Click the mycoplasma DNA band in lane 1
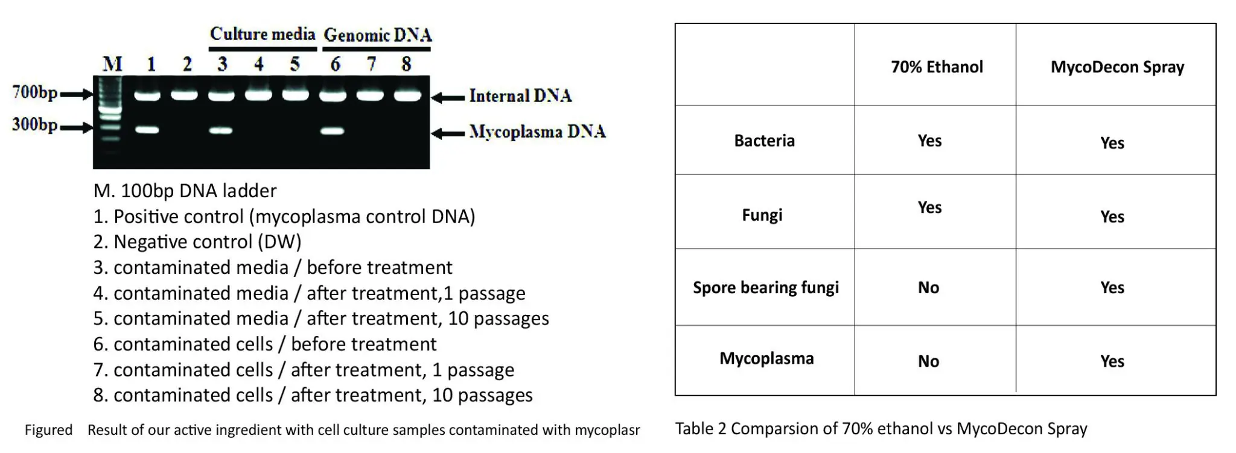[147, 130]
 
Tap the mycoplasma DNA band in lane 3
[221, 130]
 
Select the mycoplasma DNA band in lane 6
[332, 130]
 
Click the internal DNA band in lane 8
[407, 95]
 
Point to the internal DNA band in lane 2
[185, 95]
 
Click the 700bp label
[34, 92]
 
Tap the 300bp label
[34, 125]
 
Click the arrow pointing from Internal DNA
[448, 97]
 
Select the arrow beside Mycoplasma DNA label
[448, 133]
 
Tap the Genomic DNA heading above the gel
[378, 34]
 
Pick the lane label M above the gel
[112, 63]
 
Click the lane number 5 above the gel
[295, 63]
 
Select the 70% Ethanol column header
[937, 66]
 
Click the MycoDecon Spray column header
[1117, 67]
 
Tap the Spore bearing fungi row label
[766, 288]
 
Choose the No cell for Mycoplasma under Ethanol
[928, 361]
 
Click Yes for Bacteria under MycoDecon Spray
[1112, 143]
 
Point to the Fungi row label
[762, 215]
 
